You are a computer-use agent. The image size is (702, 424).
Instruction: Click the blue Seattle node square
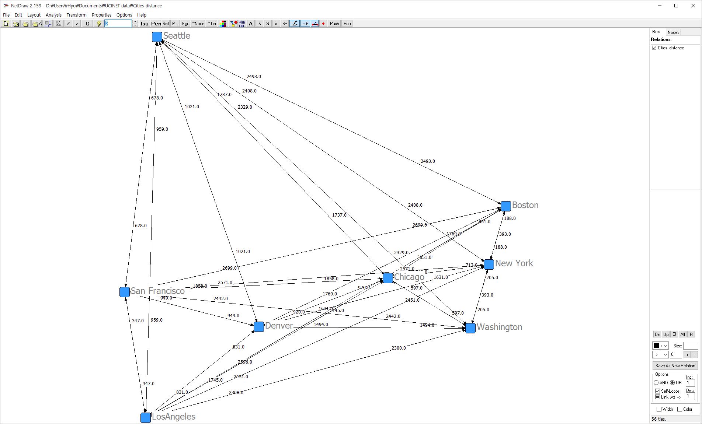click(157, 37)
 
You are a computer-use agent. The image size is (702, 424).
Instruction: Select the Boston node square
click(505, 206)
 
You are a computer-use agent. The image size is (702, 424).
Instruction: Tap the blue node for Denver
click(259, 327)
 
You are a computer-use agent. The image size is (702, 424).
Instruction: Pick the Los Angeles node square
click(146, 417)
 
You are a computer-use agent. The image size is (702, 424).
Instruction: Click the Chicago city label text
click(409, 277)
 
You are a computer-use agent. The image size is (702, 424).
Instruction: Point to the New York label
click(514, 263)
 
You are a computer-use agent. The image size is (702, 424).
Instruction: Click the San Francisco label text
click(158, 291)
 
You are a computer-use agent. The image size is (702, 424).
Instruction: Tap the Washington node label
click(499, 327)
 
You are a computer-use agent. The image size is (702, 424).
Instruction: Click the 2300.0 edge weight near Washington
click(399, 348)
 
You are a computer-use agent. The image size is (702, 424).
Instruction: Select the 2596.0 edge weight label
click(245, 362)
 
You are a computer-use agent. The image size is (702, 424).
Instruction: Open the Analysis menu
click(53, 15)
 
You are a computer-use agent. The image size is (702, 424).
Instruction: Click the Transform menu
click(76, 15)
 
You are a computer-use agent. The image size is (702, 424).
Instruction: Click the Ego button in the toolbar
click(185, 24)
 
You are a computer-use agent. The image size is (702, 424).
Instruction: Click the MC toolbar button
click(175, 24)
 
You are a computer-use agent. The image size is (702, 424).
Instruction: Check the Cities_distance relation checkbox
click(654, 48)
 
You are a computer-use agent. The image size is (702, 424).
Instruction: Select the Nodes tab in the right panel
click(673, 32)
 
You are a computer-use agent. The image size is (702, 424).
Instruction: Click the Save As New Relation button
click(675, 366)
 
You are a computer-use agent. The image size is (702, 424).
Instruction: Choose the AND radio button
click(656, 383)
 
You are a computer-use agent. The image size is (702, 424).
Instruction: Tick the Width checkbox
click(659, 409)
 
